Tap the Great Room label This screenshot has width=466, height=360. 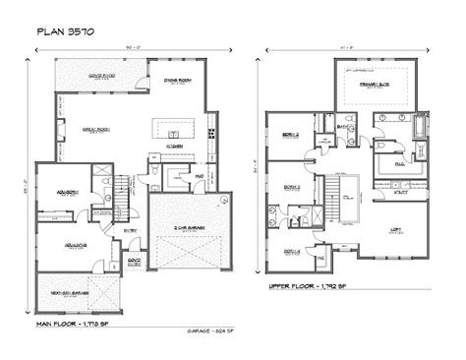(x=95, y=127)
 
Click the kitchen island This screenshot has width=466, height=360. (x=168, y=126)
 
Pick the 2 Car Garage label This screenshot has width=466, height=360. (x=187, y=225)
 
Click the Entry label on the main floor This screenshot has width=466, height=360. (x=130, y=231)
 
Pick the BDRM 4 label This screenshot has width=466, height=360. (x=291, y=252)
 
